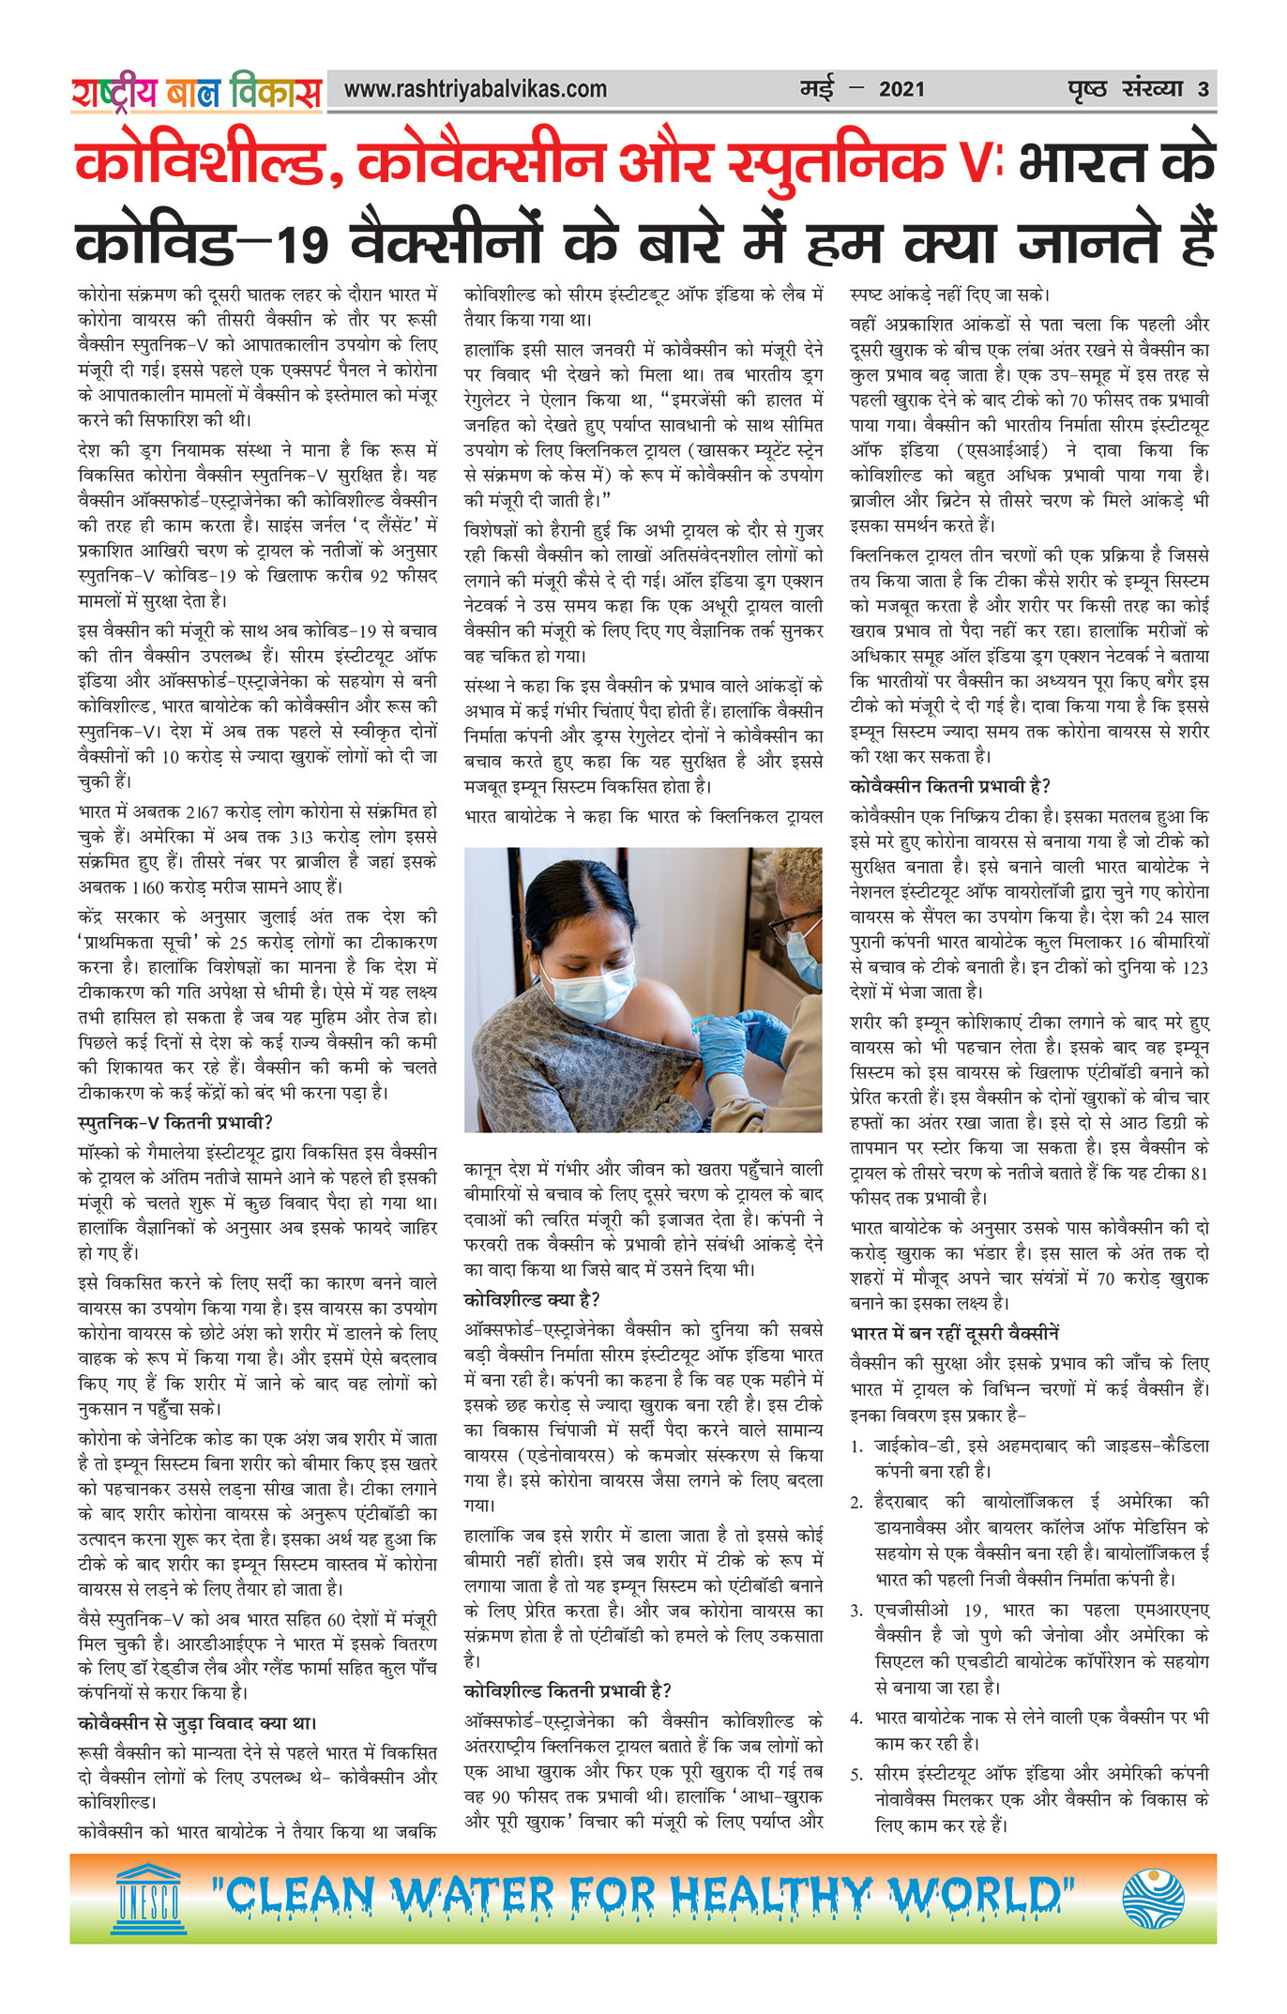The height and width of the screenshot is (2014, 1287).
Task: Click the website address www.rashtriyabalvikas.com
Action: pyautogui.click(x=475, y=90)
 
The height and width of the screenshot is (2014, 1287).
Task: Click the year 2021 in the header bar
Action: pyautogui.click(x=901, y=90)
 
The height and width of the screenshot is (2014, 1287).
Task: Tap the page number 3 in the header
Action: pyautogui.click(x=1203, y=90)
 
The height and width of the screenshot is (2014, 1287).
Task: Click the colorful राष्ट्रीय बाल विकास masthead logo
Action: pyautogui.click(x=196, y=92)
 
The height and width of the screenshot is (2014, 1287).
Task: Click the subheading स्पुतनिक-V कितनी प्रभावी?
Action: pyautogui.click(x=174, y=1122)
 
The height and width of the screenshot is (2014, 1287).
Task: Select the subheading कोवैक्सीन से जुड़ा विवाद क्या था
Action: pyautogui.click(x=197, y=1723)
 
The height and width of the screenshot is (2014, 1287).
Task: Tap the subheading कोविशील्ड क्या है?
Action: pyautogui.click(x=532, y=1300)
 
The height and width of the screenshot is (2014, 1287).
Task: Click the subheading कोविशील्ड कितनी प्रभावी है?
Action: pyautogui.click(x=568, y=1690)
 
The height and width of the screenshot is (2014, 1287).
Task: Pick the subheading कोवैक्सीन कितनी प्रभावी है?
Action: pyautogui.click(x=950, y=786)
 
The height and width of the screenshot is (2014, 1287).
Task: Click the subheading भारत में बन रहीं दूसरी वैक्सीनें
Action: pyautogui.click(x=954, y=1334)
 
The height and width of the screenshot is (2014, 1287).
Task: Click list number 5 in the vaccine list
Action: pyautogui.click(x=855, y=1775)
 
